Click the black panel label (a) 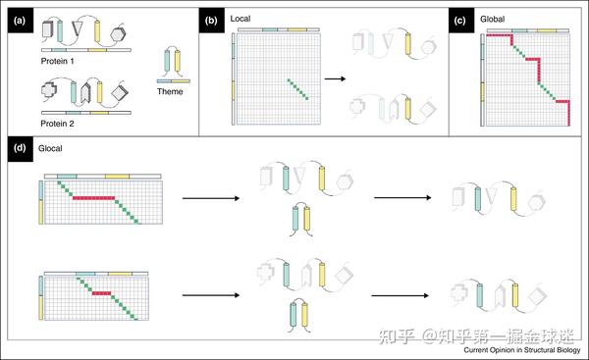[21, 21]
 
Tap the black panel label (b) [211, 21]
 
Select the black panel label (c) [461, 21]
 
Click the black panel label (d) [21, 149]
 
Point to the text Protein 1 [58, 61]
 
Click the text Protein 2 [58, 124]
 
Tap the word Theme [170, 91]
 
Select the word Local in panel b [241, 19]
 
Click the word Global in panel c [493, 19]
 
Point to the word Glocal [50, 149]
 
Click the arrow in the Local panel [335, 78]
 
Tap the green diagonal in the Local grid [298, 89]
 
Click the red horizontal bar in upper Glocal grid [93, 198]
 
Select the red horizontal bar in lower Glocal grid [101, 293]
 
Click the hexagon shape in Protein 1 [119, 34]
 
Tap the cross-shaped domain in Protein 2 [49, 89]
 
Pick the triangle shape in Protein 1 [77, 28]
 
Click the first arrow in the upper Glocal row [211, 198]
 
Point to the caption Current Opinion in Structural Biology [522, 350]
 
